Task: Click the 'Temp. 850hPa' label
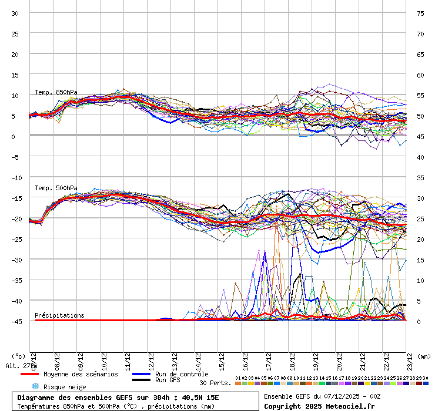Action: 56,92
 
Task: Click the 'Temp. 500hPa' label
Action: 56,188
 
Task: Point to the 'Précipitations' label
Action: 59,315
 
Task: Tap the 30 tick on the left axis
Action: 15,14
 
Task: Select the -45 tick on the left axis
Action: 15,321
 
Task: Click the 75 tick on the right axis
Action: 420,14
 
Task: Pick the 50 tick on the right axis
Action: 420,116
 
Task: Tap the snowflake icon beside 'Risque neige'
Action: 35,386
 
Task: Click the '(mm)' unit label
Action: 424,356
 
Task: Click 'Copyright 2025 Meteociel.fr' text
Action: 319,406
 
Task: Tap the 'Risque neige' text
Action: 65,387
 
